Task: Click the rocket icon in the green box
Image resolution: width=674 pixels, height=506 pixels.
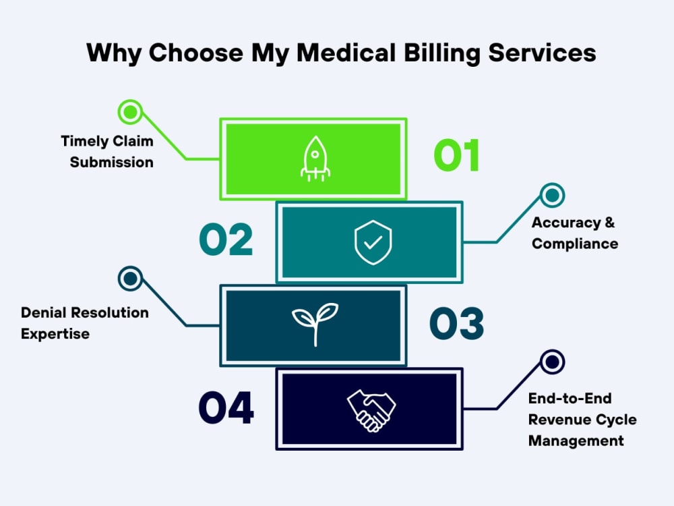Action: coord(315,159)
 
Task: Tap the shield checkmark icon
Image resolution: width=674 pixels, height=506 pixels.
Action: coord(373,242)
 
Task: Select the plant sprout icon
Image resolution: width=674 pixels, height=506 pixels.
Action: coord(315,324)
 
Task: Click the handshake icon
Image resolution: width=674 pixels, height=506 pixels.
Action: coord(371,410)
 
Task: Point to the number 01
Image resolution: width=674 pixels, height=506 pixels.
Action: coord(456,155)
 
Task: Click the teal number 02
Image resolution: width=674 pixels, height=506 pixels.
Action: coord(226,240)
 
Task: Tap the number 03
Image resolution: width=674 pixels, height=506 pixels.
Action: coord(456,323)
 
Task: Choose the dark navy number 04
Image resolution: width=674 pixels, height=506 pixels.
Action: coord(226,407)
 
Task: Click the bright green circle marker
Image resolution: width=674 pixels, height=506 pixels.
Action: coord(130,112)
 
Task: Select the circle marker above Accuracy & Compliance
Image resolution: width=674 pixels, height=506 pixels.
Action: coord(553,196)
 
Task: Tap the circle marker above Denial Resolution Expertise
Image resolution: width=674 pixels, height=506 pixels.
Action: coord(130,279)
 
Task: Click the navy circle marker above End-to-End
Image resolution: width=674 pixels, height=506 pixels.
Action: coord(553,362)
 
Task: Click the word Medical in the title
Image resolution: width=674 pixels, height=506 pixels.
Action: coord(346,53)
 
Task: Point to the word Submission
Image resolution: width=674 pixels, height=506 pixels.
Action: coord(112,162)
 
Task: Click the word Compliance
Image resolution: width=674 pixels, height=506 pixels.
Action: coord(575,244)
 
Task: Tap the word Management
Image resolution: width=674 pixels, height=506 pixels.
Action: coord(576,441)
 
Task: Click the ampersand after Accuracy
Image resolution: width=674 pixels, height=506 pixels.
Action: coord(610,222)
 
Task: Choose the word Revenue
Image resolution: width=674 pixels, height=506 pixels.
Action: coord(555,420)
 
